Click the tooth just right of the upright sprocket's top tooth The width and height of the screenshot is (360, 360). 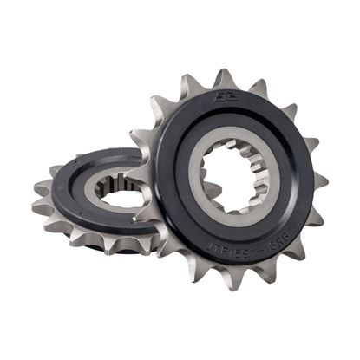coord(259,87)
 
